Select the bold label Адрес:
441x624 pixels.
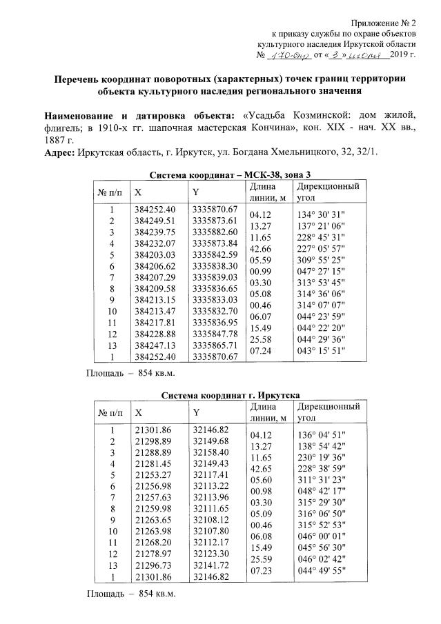pyautogui.click(x=60, y=152)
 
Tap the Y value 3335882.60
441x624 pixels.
pyautogui.click(x=215, y=231)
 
